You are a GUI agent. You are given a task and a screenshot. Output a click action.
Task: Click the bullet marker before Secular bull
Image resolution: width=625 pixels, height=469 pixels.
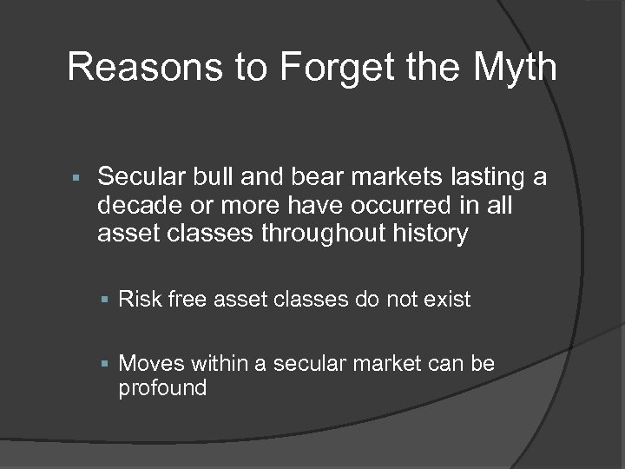pos(76,179)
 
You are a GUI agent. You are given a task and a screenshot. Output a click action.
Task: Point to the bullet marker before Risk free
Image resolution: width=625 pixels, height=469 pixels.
pos(105,301)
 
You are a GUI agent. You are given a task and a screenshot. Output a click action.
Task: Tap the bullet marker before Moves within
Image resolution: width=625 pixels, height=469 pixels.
pos(105,364)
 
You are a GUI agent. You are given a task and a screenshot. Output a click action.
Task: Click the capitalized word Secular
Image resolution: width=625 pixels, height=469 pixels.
pos(137,178)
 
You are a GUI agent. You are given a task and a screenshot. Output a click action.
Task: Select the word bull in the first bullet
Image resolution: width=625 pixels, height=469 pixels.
pos(204,178)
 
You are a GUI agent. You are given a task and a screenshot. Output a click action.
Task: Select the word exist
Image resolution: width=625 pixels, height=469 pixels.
pos(448,300)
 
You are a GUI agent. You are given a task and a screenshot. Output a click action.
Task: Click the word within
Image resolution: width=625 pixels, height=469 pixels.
pos(220,363)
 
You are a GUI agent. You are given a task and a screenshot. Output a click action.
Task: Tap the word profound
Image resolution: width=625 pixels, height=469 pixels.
pos(162,387)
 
